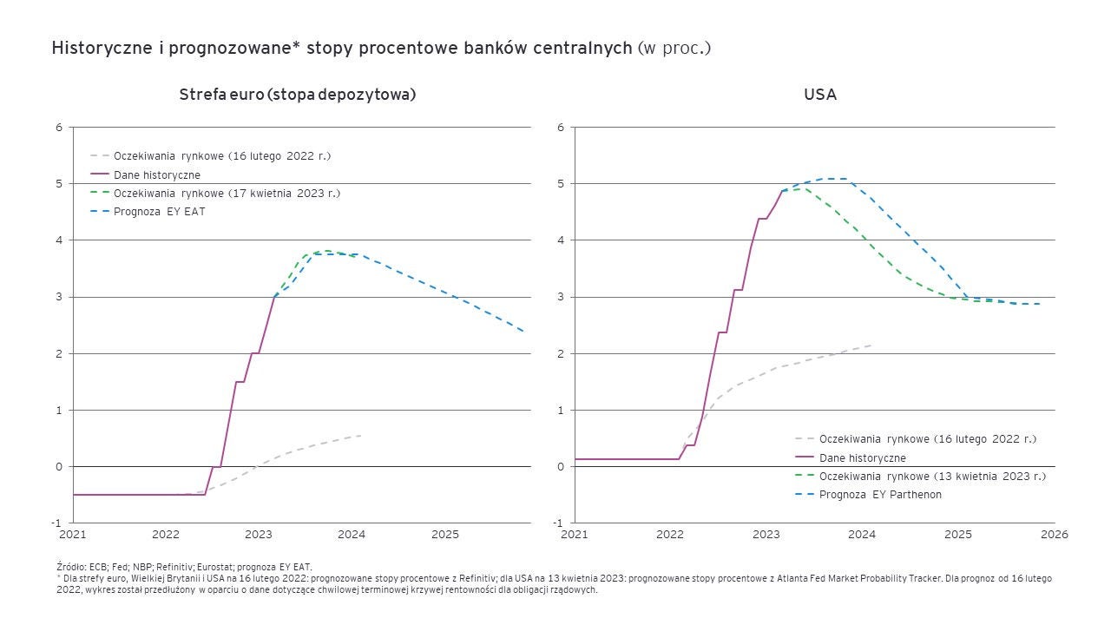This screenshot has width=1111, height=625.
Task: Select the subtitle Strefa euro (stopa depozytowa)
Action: coord(298,95)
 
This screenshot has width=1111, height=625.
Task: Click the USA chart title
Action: coord(819,95)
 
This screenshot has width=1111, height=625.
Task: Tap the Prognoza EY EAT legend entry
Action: coord(160,211)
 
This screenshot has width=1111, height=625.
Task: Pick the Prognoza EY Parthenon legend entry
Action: coord(880,494)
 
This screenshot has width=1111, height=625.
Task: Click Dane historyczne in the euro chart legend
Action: coord(156,174)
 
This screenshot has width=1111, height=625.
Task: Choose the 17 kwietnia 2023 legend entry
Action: coord(227,193)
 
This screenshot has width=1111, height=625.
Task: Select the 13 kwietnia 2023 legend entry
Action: coord(932,476)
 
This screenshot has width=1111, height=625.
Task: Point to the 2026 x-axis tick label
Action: coord(1054,534)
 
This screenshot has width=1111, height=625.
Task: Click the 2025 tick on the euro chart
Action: coord(445,534)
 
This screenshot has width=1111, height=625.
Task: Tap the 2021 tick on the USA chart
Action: coord(575,534)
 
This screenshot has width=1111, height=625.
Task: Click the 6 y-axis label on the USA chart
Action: coord(561,128)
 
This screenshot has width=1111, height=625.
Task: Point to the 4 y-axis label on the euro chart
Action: coord(59,240)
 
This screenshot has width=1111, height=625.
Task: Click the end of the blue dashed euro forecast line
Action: coord(523,331)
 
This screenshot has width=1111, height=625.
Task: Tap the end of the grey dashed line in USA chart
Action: coord(871,345)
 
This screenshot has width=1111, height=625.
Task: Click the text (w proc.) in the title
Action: coord(674,48)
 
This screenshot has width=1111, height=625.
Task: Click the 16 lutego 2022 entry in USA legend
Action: coord(927,439)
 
